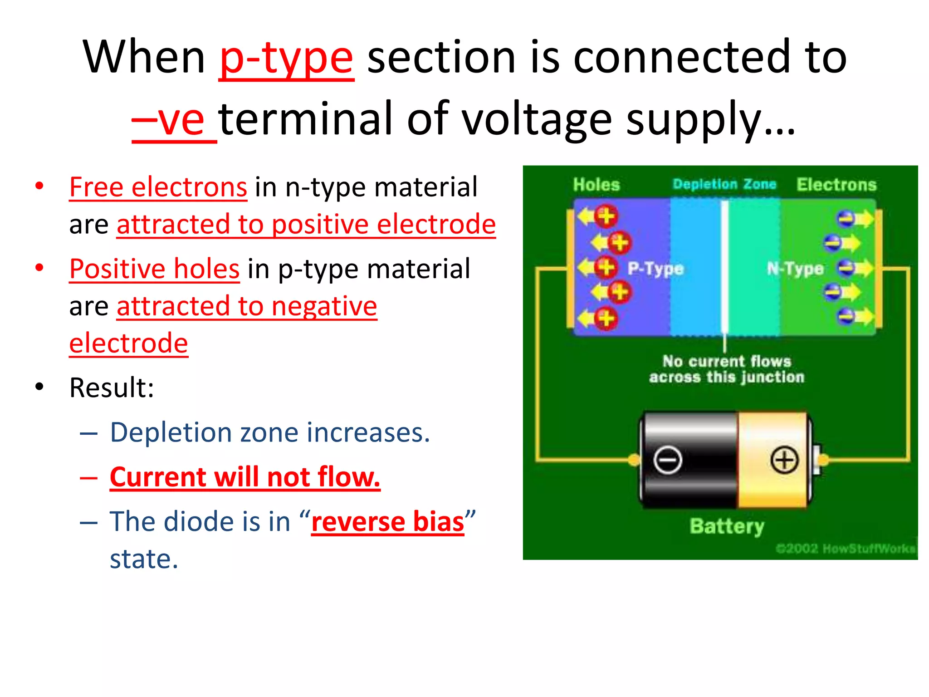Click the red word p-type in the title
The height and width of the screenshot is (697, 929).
point(286,58)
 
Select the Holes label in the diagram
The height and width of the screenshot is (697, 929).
point(596,185)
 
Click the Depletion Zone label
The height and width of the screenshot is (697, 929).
point(724,184)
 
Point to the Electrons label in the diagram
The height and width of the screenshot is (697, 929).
point(836,185)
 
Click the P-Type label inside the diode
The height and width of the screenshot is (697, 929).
point(655,269)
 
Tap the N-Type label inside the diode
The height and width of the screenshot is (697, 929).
point(795,269)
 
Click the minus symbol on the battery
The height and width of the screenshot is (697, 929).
point(668,460)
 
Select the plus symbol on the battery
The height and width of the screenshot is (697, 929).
point(784,460)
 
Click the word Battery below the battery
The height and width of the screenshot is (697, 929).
point(727,526)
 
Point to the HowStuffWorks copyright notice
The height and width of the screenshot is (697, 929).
point(846,549)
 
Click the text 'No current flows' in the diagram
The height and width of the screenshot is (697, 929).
point(727,361)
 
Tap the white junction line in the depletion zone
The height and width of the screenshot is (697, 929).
point(725,268)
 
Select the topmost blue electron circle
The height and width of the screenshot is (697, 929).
point(846,219)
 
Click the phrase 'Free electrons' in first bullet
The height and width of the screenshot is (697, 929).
point(158,187)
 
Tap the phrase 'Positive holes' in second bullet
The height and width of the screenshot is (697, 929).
point(154,269)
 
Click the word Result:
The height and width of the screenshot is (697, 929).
point(112,388)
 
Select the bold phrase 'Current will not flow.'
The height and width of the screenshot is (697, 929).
point(245,477)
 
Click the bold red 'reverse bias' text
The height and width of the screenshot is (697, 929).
point(388,522)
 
